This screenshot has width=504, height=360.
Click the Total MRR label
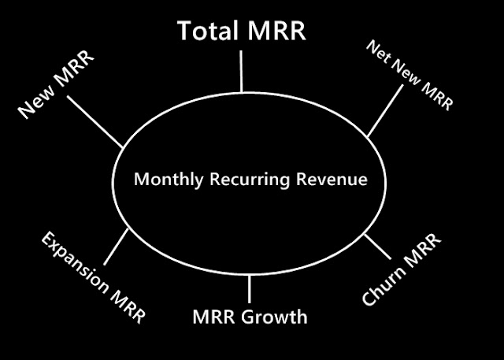coord(242,31)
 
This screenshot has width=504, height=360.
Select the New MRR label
coord(56,84)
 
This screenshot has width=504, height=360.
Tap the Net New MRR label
coord(409,75)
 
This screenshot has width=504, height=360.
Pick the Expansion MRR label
coord(93,278)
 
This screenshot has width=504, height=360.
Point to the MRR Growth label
coord(250,317)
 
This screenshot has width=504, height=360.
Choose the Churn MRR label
coord(402,269)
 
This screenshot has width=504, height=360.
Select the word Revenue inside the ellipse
coord(332,179)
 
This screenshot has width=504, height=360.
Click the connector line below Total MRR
coord(241,72)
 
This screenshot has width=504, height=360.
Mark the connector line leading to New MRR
coord(94,122)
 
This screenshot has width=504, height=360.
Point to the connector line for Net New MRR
coord(385,110)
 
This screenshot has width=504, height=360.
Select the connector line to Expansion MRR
coord(116,247)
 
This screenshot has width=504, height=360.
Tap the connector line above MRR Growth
coord(249,289)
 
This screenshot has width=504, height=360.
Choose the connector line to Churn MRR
coord(378,247)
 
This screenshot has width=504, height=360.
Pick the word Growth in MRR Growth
coord(274,317)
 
